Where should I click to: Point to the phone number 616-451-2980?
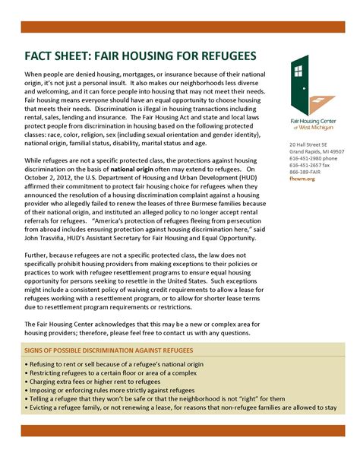point(302,158)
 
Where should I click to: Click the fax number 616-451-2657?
point(302,165)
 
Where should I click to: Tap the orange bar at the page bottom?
point(179,431)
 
